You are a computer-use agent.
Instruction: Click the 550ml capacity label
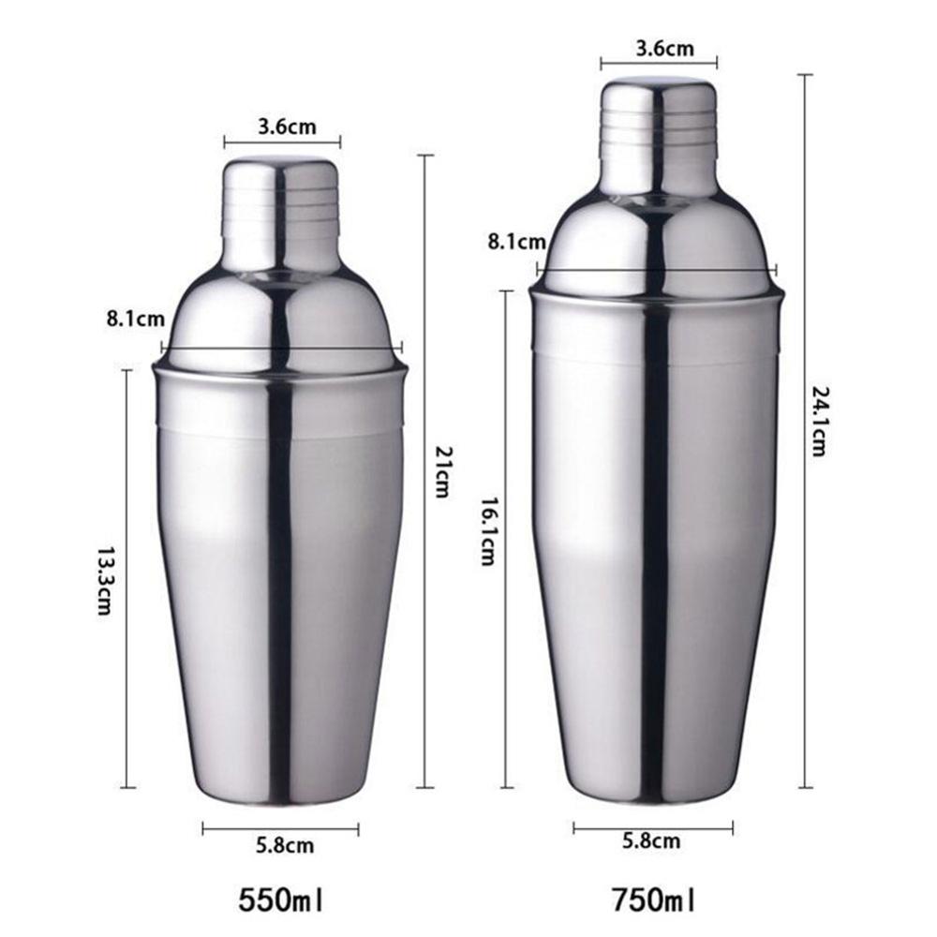282,902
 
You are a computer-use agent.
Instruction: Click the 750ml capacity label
654,902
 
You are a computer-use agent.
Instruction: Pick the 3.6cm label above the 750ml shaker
659,48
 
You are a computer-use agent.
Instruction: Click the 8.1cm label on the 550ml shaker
130,319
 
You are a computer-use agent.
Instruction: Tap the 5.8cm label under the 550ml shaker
285,846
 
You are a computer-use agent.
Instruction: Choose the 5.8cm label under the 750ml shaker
653,840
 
